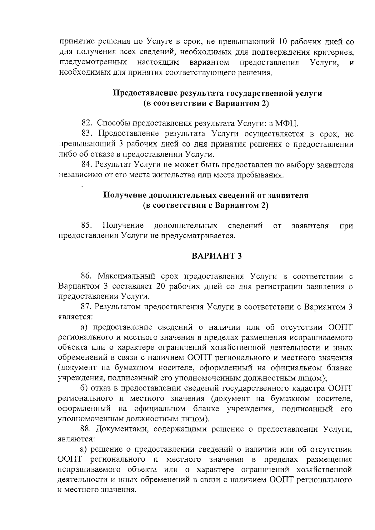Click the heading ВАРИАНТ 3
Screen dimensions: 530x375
[217, 256]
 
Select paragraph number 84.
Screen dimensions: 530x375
[86, 165]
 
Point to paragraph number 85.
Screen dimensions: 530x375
[86, 225]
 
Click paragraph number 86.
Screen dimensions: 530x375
[86, 276]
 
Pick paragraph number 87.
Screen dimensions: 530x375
[86, 307]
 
